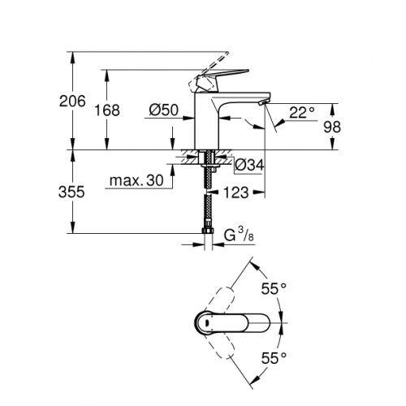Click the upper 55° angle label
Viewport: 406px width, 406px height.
(x=274, y=288)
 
